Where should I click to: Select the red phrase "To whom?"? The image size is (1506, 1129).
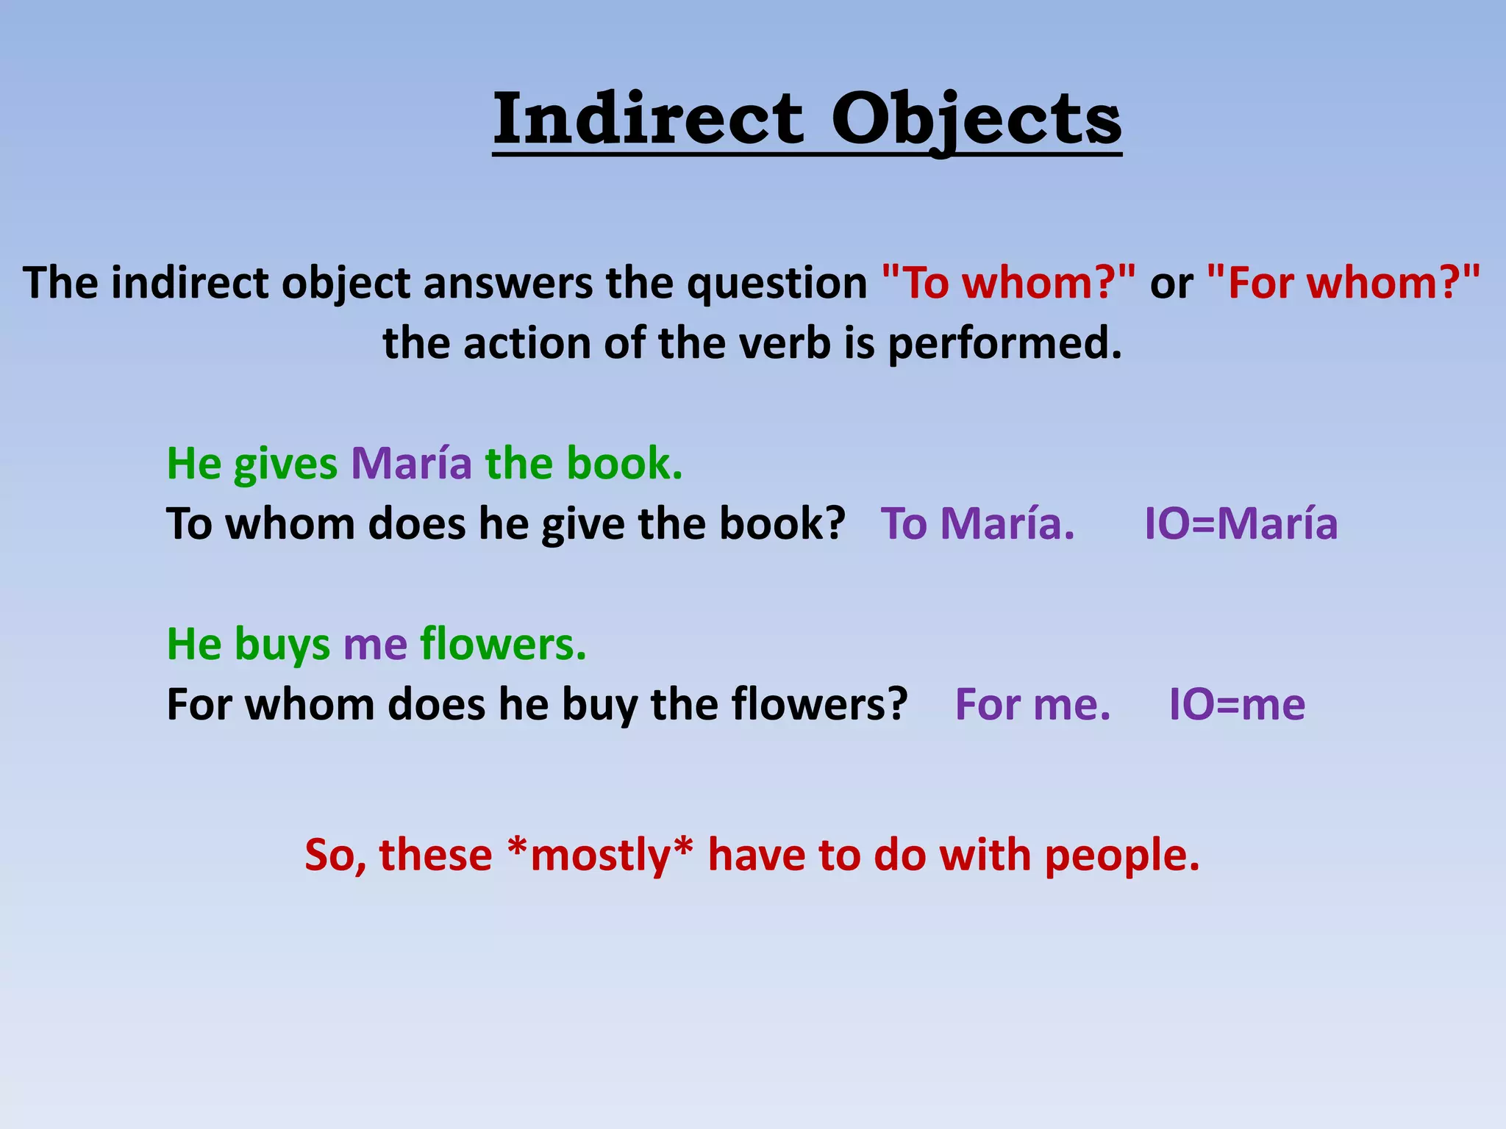tap(1008, 283)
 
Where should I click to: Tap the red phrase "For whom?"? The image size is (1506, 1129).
tap(1343, 283)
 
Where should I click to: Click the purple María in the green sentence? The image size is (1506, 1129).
tap(411, 464)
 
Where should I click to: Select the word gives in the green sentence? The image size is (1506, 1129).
tap(285, 465)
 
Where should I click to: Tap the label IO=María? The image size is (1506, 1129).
tap(1241, 524)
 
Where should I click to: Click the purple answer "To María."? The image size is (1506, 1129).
tap(977, 524)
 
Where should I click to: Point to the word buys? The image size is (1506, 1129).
tap(282, 646)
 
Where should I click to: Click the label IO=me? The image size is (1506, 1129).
tap(1237, 705)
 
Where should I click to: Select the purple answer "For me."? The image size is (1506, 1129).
tap(1032, 705)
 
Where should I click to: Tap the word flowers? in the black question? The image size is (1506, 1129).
tap(820, 705)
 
